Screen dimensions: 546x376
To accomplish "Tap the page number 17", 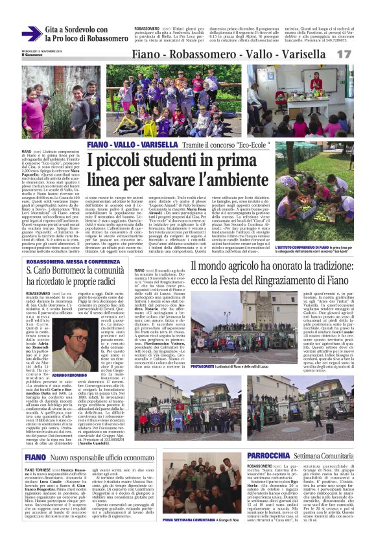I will [x=360, y=54].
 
